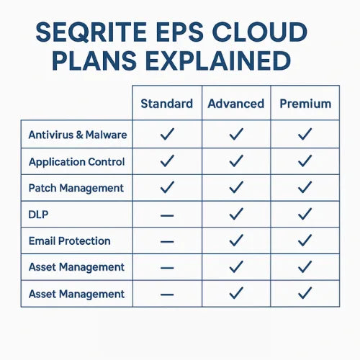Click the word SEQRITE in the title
pyautogui.click(x=91, y=32)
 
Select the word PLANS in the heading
pyautogui.click(x=94, y=60)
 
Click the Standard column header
pyautogui.click(x=167, y=104)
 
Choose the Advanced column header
pyautogui.click(x=236, y=104)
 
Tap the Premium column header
pyautogui.click(x=305, y=104)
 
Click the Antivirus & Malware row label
pyautogui.click(x=78, y=135)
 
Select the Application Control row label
pyautogui.click(x=76, y=162)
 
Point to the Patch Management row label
pyautogui.click(x=76, y=188)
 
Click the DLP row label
pyautogui.click(x=38, y=215)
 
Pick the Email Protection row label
pyautogui.click(x=70, y=241)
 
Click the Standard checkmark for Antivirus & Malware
pyautogui.click(x=167, y=134)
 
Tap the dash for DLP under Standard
pyautogui.click(x=167, y=215)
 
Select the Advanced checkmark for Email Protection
pyautogui.click(x=236, y=240)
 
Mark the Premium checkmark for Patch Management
pyautogui.click(x=305, y=187)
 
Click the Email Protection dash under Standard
pyautogui.click(x=167, y=242)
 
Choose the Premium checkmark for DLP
pyautogui.click(x=305, y=214)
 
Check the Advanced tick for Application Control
pyautogui.click(x=236, y=161)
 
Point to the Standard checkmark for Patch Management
pyautogui.click(x=167, y=187)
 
